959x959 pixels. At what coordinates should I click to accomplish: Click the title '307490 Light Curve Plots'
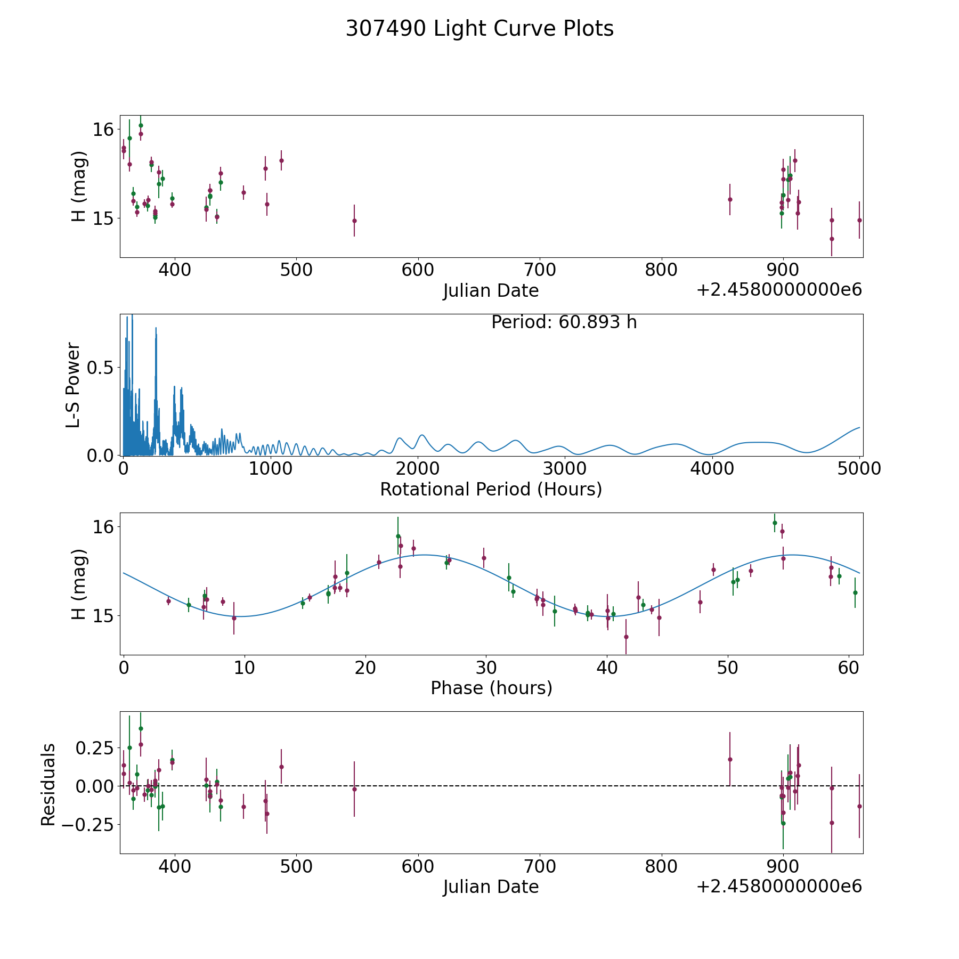coord(479,29)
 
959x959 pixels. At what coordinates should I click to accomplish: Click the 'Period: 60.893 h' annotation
coord(564,322)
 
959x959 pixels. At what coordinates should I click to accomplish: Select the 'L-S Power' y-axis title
coord(74,385)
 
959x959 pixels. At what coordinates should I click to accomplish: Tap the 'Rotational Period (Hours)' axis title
coord(491,489)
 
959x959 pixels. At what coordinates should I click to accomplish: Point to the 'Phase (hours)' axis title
coord(491,688)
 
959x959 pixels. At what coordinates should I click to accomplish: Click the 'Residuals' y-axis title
coord(48,784)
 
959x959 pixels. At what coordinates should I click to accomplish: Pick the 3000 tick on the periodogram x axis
coord(565,468)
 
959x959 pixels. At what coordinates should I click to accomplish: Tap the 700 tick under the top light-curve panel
coord(539,270)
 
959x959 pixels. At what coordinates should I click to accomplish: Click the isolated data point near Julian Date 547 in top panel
coord(354,221)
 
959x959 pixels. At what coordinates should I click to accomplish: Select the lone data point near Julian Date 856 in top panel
coord(730,199)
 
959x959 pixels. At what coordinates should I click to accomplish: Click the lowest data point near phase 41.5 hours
coord(626,637)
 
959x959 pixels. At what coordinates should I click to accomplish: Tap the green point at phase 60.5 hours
coord(855,592)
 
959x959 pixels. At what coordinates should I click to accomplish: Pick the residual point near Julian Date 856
coord(730,759)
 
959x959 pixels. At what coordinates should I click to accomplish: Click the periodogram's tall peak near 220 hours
coord(156,329)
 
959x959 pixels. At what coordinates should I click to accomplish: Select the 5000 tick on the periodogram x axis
coord(859,468)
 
